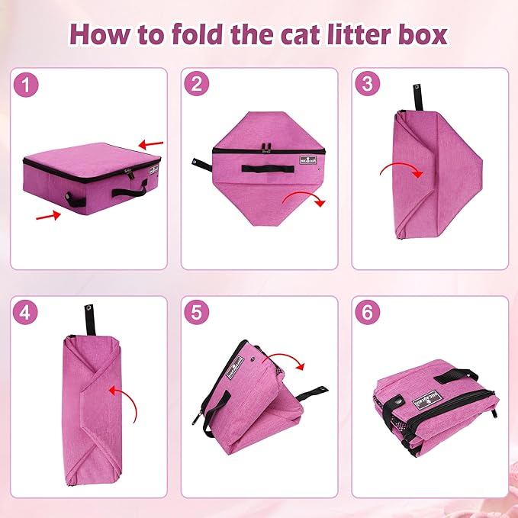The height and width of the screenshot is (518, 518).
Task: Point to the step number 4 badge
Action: click(x=27, y=313)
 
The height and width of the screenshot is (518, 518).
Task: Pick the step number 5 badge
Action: click(x=198, y=313)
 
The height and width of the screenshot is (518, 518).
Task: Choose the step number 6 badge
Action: click(x=368, y=313)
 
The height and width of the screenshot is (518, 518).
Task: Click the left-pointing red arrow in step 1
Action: click(x=150, y=143)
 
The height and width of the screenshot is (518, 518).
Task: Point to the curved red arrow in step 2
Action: click(x=304, y=200)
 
